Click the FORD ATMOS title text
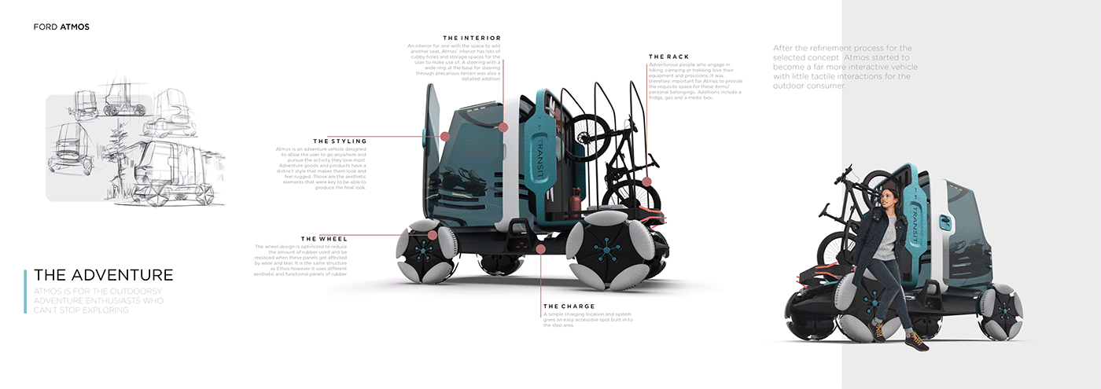[61, 27]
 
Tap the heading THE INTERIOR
[472, 38]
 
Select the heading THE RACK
[668, 57]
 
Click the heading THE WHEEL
[330, 239]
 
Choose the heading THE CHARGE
[569, 306]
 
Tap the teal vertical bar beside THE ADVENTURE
[26, 292]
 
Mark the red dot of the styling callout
[445, 136]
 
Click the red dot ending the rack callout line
[646, 182]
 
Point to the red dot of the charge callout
[541, 248]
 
